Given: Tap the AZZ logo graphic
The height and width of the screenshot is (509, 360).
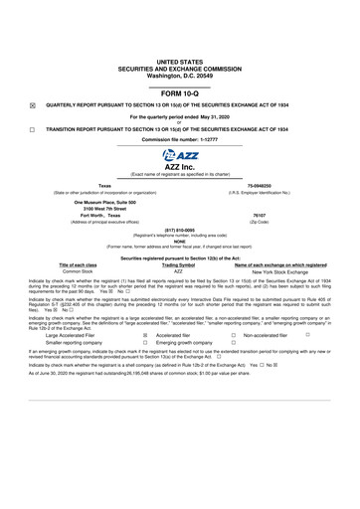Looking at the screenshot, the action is [180, 156].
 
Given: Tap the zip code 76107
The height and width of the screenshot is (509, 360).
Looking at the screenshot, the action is [260, 213].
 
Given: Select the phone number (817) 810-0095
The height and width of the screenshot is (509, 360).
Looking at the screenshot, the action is [179, 230].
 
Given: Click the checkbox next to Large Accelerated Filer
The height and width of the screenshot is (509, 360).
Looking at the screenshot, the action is [145, 336].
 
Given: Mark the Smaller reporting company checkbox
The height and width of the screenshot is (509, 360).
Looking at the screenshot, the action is [145, 344].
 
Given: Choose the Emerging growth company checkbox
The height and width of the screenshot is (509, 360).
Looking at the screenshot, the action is [232, 344].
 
